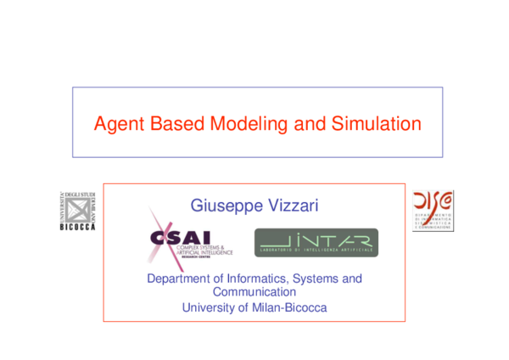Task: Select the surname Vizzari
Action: pyautogui.click(x=292, y=205)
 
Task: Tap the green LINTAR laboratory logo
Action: pyautogui.click(x=316, y=243)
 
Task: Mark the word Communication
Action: pyautogui.click(x=255, y=292)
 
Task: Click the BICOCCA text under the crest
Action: pyautogui.click(x=78, y=227)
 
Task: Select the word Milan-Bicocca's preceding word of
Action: pyautogui.click(x=245, y=307)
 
